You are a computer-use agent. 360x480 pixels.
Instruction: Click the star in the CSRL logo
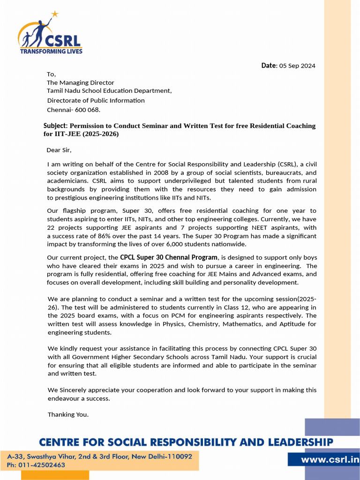coord(55,14)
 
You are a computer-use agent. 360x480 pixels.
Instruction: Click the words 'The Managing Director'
coord(80,82)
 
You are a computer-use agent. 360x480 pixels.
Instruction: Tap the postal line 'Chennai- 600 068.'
coord(74,110)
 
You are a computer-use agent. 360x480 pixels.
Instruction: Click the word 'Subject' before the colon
coord(55,126)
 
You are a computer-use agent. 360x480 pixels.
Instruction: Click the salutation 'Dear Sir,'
coord(59,150)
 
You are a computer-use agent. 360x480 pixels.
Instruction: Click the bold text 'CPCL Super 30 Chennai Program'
coord(169,257)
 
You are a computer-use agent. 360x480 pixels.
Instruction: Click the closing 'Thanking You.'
coord(68,414)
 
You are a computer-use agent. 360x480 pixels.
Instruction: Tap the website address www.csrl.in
coord(323,460)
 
